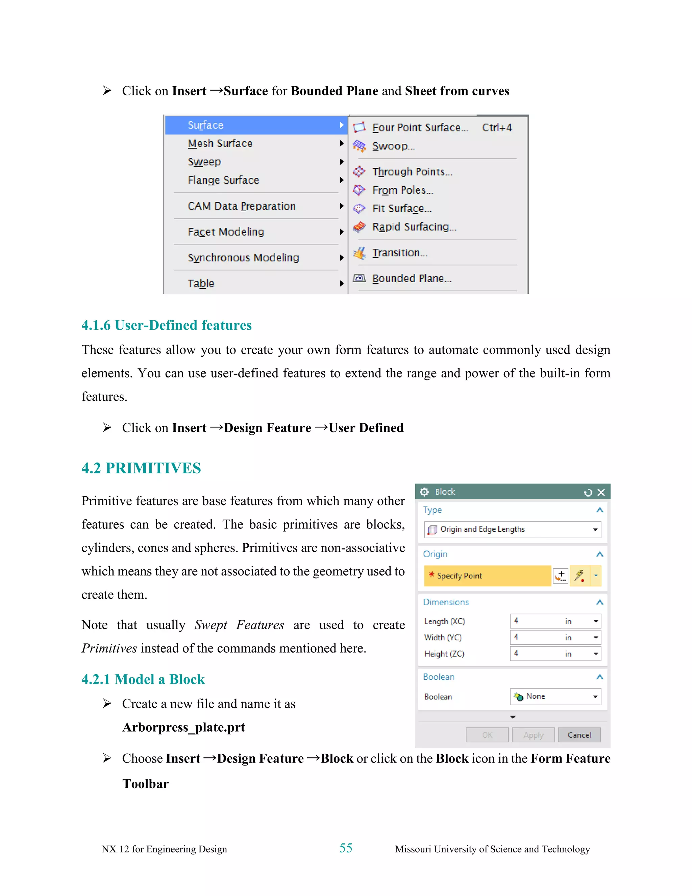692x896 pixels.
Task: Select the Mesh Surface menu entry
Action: pos(220,144)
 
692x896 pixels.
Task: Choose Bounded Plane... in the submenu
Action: pos(411,279)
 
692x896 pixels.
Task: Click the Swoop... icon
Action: pos(359,146)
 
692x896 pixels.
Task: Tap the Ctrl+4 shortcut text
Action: pos(497,127)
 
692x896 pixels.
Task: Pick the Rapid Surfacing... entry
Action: pos(414,227)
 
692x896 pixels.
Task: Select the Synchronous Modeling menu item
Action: pos(243,258)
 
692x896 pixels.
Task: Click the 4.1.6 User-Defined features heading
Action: pos(167,325)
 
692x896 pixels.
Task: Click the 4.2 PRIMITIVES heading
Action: pos(141,468)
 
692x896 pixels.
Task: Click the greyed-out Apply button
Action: pos(533,735)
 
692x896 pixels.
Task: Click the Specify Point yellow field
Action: pos(487,575)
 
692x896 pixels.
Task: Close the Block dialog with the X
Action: pos(601,492)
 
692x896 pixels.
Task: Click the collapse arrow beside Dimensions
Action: pos(599,602)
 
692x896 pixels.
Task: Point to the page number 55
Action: pos(346,848)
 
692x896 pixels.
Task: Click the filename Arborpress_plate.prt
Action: pos(184,727)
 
